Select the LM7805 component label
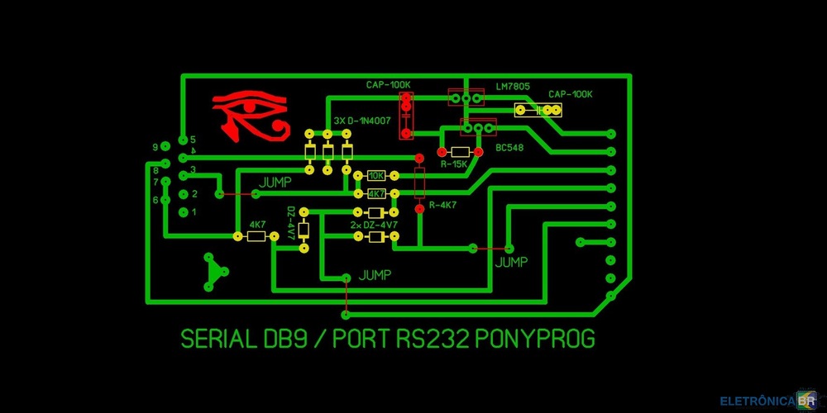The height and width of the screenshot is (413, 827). (x=513, y=86)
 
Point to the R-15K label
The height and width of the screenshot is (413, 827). (x=454, y=165)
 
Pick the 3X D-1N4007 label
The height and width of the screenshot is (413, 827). (x=364, y=121)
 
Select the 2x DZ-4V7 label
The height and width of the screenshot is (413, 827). (x=374, y=225)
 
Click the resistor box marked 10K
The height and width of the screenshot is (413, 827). (x=376, y=176)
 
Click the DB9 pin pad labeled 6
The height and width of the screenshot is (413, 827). (x=165, y=199)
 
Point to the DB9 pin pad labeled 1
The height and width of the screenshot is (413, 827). (x=183, y=212)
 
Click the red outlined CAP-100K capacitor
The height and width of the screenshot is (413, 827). (x=406, y=115)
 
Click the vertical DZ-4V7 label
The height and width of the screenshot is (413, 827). (x=291, y=223)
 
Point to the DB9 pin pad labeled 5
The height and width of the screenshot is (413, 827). (x=183, y=139)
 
